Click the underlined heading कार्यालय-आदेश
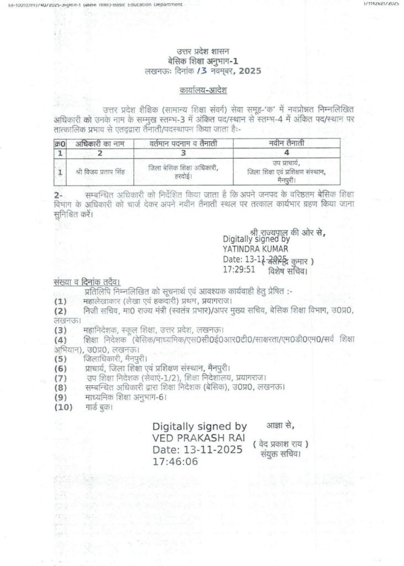pyautogui.click(x=202, y=90)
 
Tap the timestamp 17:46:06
pyautogui.click(x=176, y=461)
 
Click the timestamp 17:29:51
pyautogui.click(x=239, y=270)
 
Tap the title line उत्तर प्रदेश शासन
pyautogui.click(x=202, y=52)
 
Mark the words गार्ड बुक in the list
pyautogui.click(x=99, y=407)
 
